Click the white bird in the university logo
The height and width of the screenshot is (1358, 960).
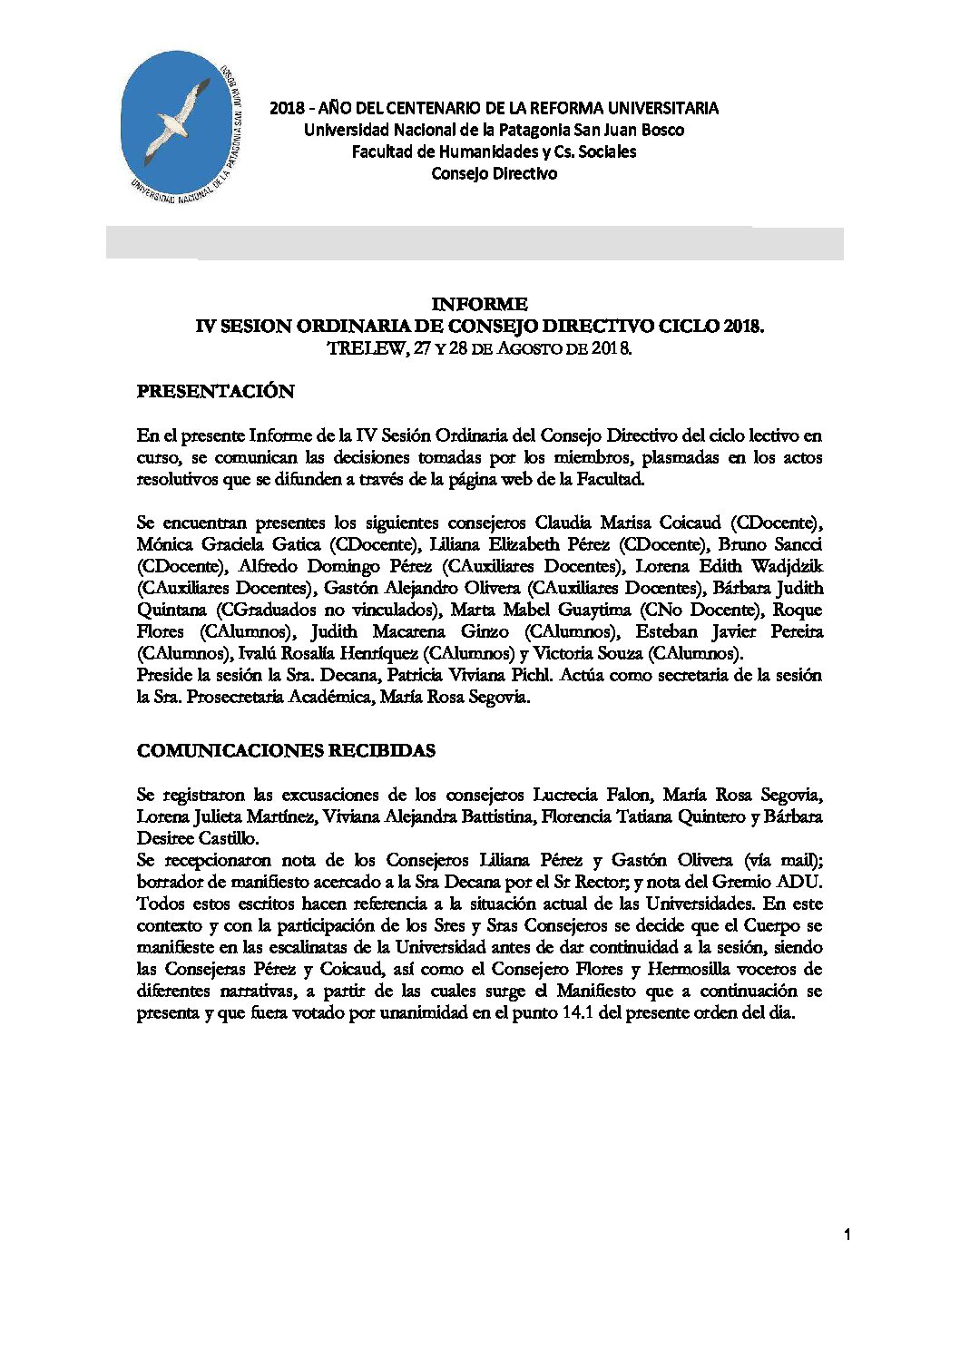point(181,115)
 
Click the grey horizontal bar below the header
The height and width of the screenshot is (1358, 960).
point(475,243)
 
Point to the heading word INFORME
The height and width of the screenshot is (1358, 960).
point(479,304)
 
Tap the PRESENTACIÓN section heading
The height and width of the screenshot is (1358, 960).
point(216,392)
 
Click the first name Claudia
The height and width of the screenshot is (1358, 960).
point(563,523)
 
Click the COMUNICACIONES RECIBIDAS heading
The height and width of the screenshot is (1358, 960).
point(286,751)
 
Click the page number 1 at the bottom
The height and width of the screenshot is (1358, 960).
point(847,1234)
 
